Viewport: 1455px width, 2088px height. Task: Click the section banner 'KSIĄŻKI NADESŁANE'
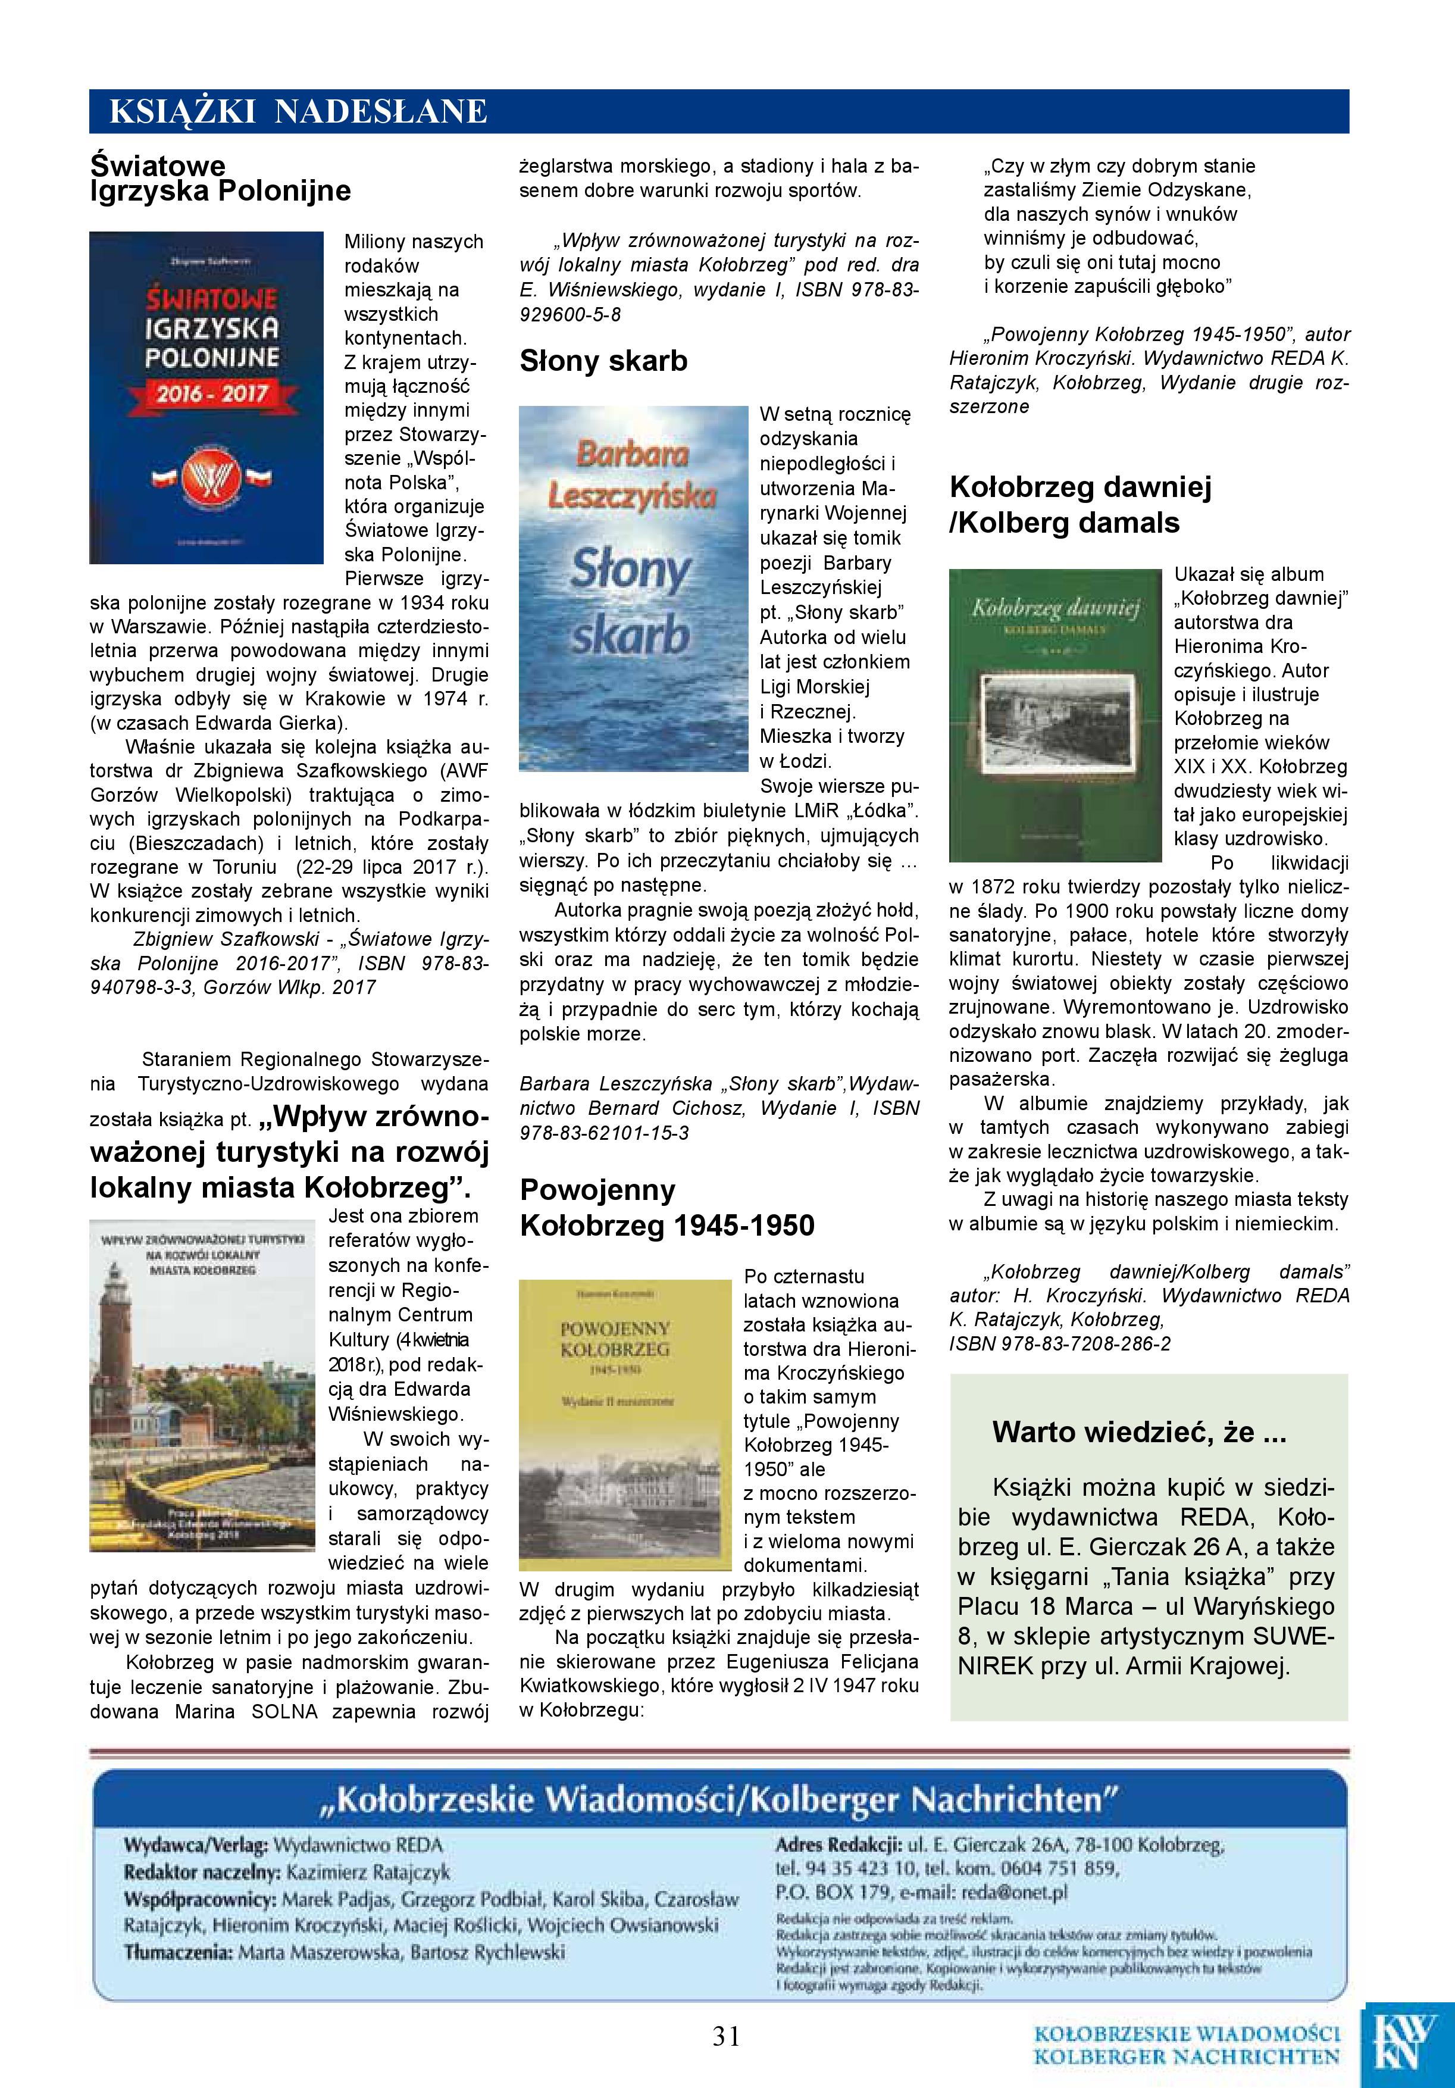pos(298,112)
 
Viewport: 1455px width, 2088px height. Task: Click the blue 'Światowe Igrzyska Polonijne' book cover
pos(206,398)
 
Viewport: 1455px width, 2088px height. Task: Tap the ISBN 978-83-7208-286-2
pos(1060,1343)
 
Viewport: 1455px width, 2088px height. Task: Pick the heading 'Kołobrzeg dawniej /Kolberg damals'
pos(1080,505)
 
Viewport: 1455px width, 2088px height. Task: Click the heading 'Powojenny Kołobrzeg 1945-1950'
pos(667,1208)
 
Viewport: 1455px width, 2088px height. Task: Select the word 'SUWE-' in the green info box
pos(1294,1636)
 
